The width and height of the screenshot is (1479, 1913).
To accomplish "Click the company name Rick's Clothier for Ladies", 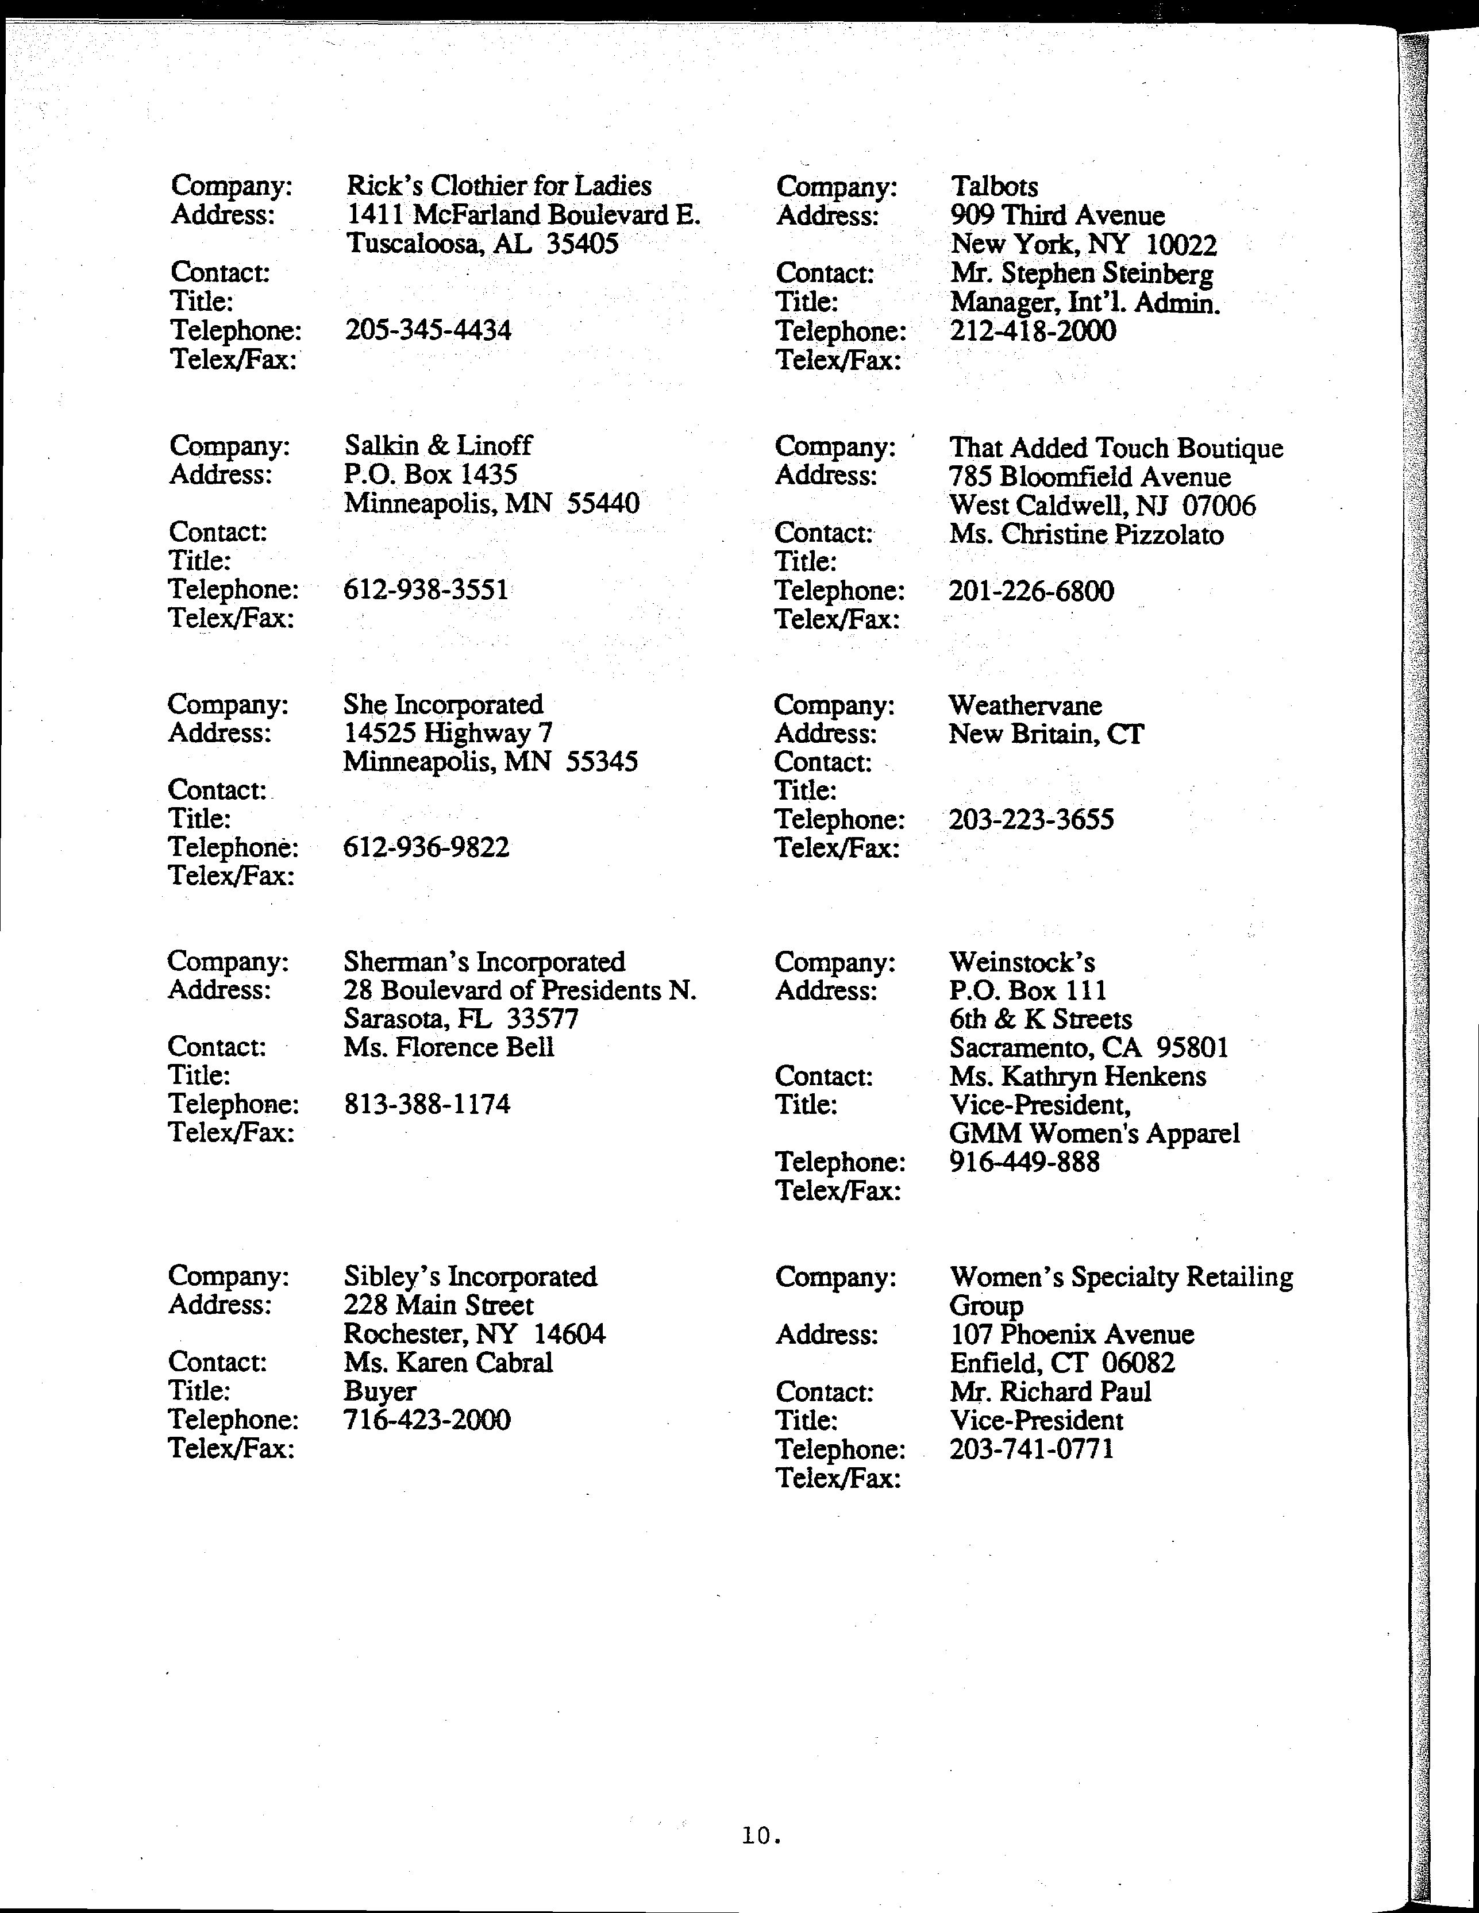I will [x=499, y=186].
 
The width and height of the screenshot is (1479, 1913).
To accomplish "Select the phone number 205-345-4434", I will [x=429, y=330].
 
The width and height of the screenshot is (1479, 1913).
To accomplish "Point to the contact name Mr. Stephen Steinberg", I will [x=1082, y=273].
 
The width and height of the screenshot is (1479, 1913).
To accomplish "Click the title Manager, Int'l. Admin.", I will [x=1085, y=303].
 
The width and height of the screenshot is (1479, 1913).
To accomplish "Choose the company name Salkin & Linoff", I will [x=438, y=445].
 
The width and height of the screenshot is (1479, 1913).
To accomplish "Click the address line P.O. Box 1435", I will [x=430, y=474].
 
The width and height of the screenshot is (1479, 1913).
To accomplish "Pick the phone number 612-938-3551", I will [x=426, y=589].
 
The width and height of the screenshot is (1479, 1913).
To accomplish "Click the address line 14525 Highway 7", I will [x=448, y=732].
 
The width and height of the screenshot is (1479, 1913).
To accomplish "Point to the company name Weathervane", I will [x=1025, y=705].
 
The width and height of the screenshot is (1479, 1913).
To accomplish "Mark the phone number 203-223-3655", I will [x=1031, y=820].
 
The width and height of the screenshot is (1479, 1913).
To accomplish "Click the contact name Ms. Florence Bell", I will [x=449, y=1048].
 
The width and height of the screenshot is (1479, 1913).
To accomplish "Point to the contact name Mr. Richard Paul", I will [x=1050, y=1391].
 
